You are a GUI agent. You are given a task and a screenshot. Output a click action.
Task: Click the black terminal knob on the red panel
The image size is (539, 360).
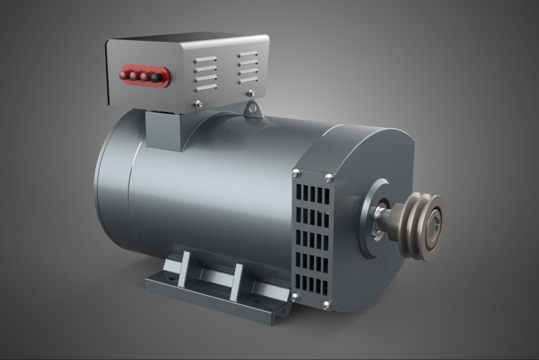coord(156,78)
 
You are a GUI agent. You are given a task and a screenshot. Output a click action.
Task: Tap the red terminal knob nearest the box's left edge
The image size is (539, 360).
coord(125,73)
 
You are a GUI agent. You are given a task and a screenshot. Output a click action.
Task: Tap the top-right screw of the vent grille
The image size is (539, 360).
coord(329,178)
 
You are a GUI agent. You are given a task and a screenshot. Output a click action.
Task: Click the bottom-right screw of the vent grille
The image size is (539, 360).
coord(327,305)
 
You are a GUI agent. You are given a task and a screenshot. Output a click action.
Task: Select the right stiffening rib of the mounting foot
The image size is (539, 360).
coord(235,281)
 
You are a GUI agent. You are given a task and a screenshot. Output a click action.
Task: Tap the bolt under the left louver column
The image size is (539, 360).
coord(198,103)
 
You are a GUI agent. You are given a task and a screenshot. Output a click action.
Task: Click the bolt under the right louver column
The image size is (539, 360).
coord(251,92)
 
